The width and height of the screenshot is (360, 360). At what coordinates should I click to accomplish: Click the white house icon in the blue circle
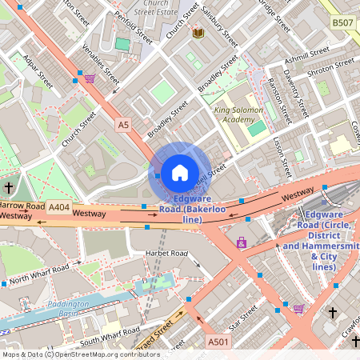point(180,171)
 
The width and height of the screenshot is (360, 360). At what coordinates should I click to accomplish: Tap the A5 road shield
point(122,125)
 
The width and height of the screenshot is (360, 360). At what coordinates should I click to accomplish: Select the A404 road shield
point(58,206)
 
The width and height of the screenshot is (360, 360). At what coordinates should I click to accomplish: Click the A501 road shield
point(218,342)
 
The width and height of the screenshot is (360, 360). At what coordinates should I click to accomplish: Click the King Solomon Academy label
point(238,114)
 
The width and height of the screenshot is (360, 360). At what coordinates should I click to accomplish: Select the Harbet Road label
point(166,254)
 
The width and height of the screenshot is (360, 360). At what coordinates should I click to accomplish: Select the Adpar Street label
point(38,71)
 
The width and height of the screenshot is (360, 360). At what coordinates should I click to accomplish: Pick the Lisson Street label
point(282,157)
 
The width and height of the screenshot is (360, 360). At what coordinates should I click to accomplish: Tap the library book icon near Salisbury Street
point(198,33)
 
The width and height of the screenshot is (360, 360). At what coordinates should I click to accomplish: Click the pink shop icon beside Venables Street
point(90,78)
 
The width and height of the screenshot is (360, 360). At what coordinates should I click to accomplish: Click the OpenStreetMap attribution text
point(80,354)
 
